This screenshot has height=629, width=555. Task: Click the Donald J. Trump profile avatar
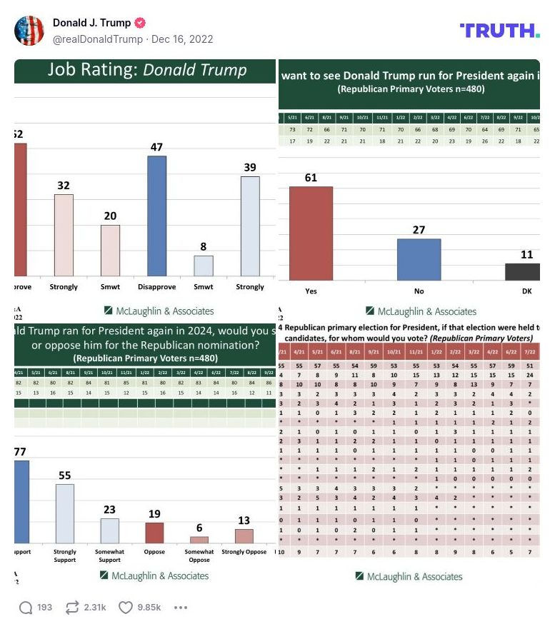click(x=29, y=30)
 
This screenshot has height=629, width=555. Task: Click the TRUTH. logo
click(x=499, y=30)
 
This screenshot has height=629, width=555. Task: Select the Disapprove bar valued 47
click(x=156, y=216)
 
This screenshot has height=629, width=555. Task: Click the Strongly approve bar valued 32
click(x=64, y=235)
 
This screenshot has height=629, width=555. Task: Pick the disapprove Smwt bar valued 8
click(x=204, y=266)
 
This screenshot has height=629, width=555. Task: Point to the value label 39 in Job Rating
click(x=250, y=167)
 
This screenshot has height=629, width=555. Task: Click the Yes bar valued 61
click(x=311, y=233)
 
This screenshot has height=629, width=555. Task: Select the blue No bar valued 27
click(x=419, y=260)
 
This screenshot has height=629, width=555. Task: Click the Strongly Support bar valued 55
click(x=65, y=514)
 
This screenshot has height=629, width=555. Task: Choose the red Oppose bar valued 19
click(x=154, y=533)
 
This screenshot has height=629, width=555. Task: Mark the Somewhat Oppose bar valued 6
click(x=199, y=540)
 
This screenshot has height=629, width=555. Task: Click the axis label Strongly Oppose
click(x=244, y=552)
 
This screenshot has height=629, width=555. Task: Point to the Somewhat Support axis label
click(x=109, y=555)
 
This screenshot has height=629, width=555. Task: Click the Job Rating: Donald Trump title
click(x=147, y=70)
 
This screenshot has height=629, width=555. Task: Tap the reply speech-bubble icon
click(x=26, y=608)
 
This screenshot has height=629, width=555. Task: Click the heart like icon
click(x=126, y=608)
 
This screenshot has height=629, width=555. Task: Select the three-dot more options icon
click(x=181, y=608)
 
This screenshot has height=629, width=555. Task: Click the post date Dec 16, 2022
click(x=182, y=39)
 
